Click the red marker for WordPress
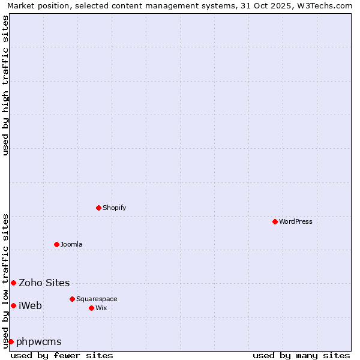tap(275, 221)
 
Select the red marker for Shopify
tap(98, 208)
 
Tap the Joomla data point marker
tap(56, 244)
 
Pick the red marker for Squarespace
tap(72, 299)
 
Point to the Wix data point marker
tap(91, 308)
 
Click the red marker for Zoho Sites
tap(13, 283)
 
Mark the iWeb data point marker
tap(13, 305)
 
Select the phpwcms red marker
tap(11, 341)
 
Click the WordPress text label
tap(295, 221)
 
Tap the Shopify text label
tap(114, 208)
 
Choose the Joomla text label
tap(71, 244)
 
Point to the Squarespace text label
tap(97, 299)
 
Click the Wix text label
tap(101, 308)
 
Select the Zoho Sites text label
tap(44, 283)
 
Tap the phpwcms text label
tap(38, 341)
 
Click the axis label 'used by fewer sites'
tap(62, 355)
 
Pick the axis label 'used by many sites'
tap(301, 355)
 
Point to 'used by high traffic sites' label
tap(5, 85)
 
